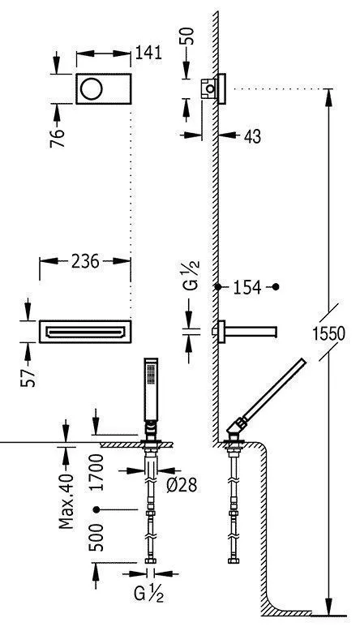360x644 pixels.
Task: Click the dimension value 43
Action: pos(252,138)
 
